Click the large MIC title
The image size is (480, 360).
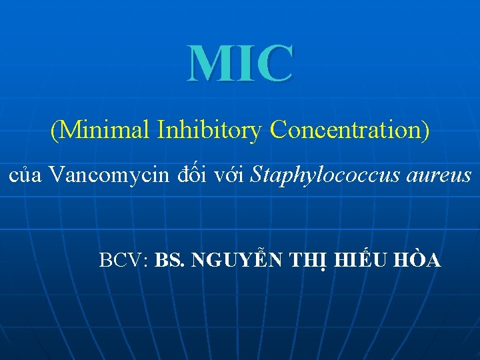[x=240, y=63]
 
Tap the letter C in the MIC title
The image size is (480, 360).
[x=274, y=63]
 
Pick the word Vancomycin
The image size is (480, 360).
[x=109, y=176]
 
